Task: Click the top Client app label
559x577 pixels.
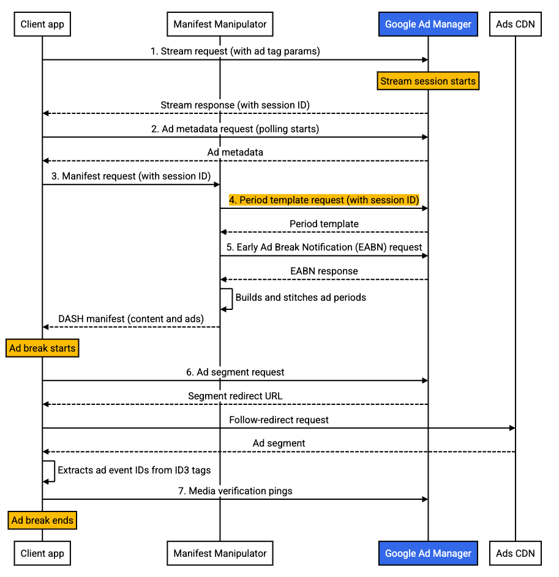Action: coord(42,25)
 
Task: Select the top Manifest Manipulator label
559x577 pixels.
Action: coord(220,25)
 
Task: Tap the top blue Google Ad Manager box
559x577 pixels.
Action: coord(428,25)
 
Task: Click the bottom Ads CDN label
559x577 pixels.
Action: coord(516,553)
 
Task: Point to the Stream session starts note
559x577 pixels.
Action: coord(428,81)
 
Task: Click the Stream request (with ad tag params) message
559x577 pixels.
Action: coord(236,51)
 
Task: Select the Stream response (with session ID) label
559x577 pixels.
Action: coord(236,105)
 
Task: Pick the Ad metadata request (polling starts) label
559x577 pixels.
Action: coord(236,129)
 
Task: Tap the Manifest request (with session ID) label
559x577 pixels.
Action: coord(131,176)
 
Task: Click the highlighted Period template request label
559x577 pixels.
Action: coord(324,200)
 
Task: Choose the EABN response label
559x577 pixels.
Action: coord(324,271)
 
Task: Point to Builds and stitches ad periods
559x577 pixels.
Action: coord(301,298)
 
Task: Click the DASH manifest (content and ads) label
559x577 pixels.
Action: coord(131,319)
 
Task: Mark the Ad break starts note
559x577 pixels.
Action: coord(42,349)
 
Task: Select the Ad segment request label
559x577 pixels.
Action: coord(236,372)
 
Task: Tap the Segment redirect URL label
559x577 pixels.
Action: coord(236,396)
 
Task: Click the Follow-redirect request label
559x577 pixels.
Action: coord(279,420)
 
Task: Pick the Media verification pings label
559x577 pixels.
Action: coord(236,491)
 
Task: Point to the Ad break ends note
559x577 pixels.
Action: coord(42,521)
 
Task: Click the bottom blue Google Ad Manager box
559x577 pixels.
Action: coord(428,553)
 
